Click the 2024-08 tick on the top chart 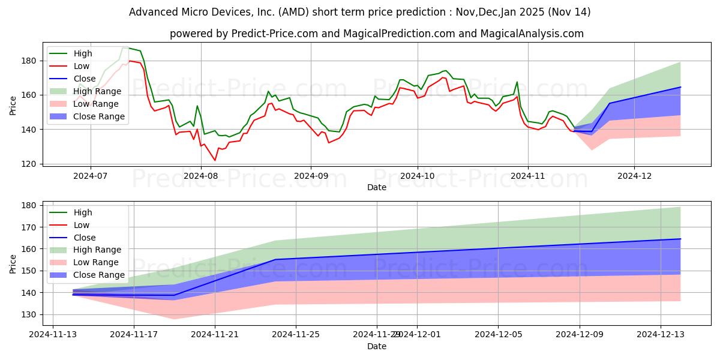tap(201, 176)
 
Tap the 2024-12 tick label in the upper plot tap(634, 176)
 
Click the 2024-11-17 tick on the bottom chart tap(134, 334)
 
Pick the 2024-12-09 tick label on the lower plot tap(579, 334)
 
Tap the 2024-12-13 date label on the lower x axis tap(660, 334)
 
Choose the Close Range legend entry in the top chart tap(99, 116)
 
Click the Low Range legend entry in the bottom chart tap(97, 262)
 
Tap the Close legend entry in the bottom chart tap(85, 238)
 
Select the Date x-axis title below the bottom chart tap(377, 346)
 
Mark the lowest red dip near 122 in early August tap(215, 160)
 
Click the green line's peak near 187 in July tap(124, 47)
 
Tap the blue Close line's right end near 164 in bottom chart tap(680, 239)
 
